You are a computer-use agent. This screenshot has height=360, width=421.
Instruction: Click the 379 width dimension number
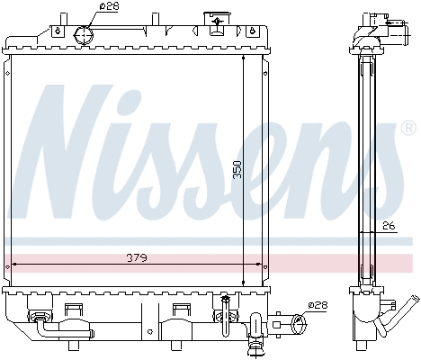click(135, 258)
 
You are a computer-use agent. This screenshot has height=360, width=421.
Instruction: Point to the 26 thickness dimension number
click(389, 226)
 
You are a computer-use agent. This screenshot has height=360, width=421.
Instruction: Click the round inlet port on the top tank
click(83, 35)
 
